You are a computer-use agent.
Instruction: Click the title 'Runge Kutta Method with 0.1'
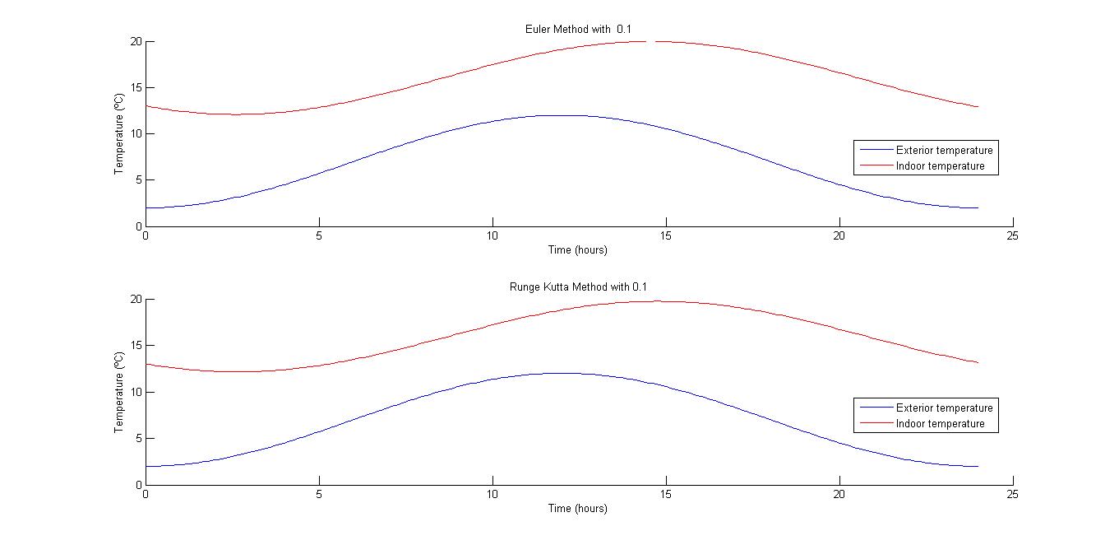tap(579, 286)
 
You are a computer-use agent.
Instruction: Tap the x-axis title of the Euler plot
tap(578, 249)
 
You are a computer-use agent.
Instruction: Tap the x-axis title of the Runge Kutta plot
tap(578, 508)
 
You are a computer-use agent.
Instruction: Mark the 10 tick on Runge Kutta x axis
tap(492, 494)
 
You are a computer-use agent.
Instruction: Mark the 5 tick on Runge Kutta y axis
tap(138, 438)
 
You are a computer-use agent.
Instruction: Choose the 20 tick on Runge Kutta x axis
tap(839, 494)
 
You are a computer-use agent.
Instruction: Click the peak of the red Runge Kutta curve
tap(666, 301)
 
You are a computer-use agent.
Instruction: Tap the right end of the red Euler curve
tap(978, 107)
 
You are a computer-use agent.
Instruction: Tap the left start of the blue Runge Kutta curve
tap(146, 466)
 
